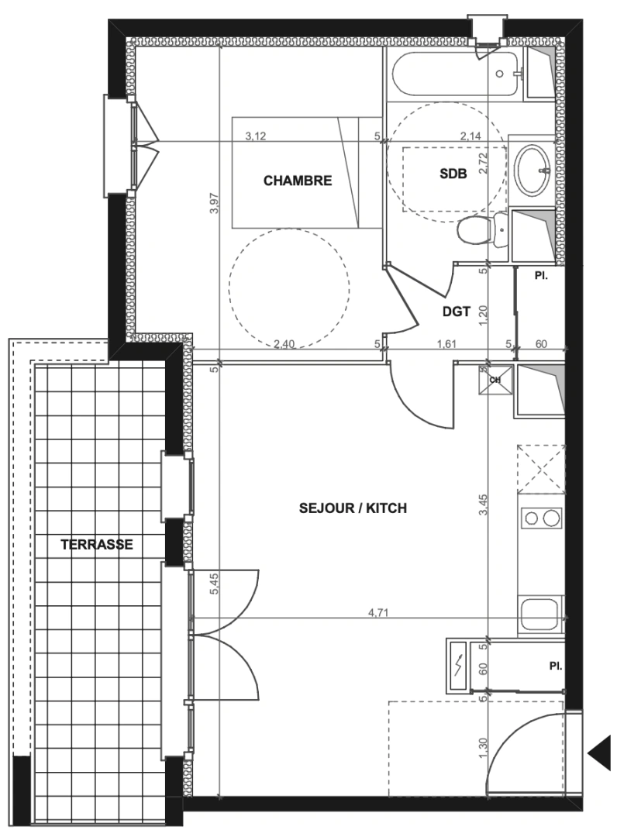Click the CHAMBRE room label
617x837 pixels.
tap(298, 181)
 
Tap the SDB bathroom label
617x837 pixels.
tap(453, 174)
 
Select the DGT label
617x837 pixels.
tap(457, 312)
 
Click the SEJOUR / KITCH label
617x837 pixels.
tap(353, 508)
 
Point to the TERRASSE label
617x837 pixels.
tap(97, 545)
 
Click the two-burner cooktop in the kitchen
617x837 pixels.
tap(541, 517)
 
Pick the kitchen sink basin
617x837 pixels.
tap(540, 614)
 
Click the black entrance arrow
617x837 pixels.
tap(599, 754)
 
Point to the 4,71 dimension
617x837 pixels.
tap(377, 613)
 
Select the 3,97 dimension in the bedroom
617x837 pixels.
tap(215, 203)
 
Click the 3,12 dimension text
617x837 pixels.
tap(256, 136)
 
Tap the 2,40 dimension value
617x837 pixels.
tap(284, 344)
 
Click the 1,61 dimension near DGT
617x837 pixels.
tap(446, 344)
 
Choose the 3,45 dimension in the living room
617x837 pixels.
tap(484, 505)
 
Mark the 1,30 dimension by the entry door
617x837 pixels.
tap(484, 746)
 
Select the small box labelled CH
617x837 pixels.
tap(496, 380)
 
